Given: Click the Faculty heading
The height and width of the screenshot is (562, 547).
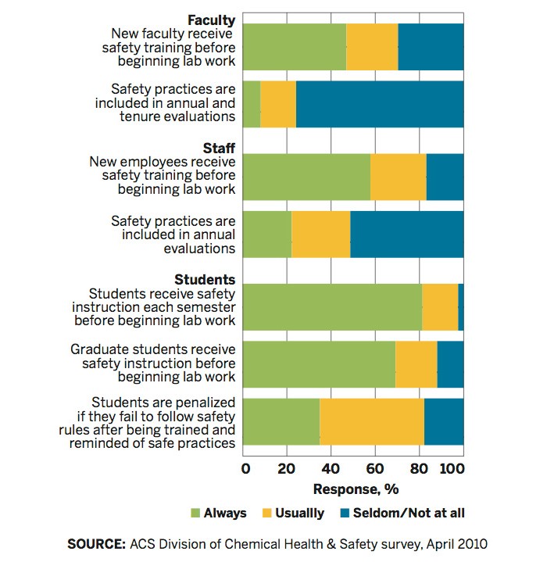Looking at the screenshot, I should (212, 20).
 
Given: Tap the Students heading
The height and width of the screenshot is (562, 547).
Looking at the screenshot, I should (205, 279).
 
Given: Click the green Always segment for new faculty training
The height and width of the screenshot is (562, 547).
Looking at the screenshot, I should (295, 47).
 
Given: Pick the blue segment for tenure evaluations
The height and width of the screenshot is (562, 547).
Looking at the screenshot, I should (380, 103).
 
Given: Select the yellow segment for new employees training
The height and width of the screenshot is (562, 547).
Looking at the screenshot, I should (399, 177).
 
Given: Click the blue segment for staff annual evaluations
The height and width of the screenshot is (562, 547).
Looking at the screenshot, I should (407, 234).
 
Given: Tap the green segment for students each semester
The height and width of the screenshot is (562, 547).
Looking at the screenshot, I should (334, 307).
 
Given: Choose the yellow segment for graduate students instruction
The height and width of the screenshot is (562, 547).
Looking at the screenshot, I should (417, 364).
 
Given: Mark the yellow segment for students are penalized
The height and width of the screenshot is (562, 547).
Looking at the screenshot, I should (372, 422).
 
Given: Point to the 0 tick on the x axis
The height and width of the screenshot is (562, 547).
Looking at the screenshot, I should (246, 469).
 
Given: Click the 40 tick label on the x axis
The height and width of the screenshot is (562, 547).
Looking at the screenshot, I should (331, 469).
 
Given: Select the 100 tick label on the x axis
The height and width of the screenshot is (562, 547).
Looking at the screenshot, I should (452, 469).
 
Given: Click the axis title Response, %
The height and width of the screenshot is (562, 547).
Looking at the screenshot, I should (355, 490).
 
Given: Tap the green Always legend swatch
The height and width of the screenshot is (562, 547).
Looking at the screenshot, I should (195, 514).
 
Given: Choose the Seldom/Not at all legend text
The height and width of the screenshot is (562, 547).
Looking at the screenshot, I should (409, 514).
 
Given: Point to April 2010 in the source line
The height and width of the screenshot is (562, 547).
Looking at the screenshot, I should (463, 543).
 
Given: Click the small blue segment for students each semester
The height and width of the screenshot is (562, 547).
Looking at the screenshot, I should (461, 307).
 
